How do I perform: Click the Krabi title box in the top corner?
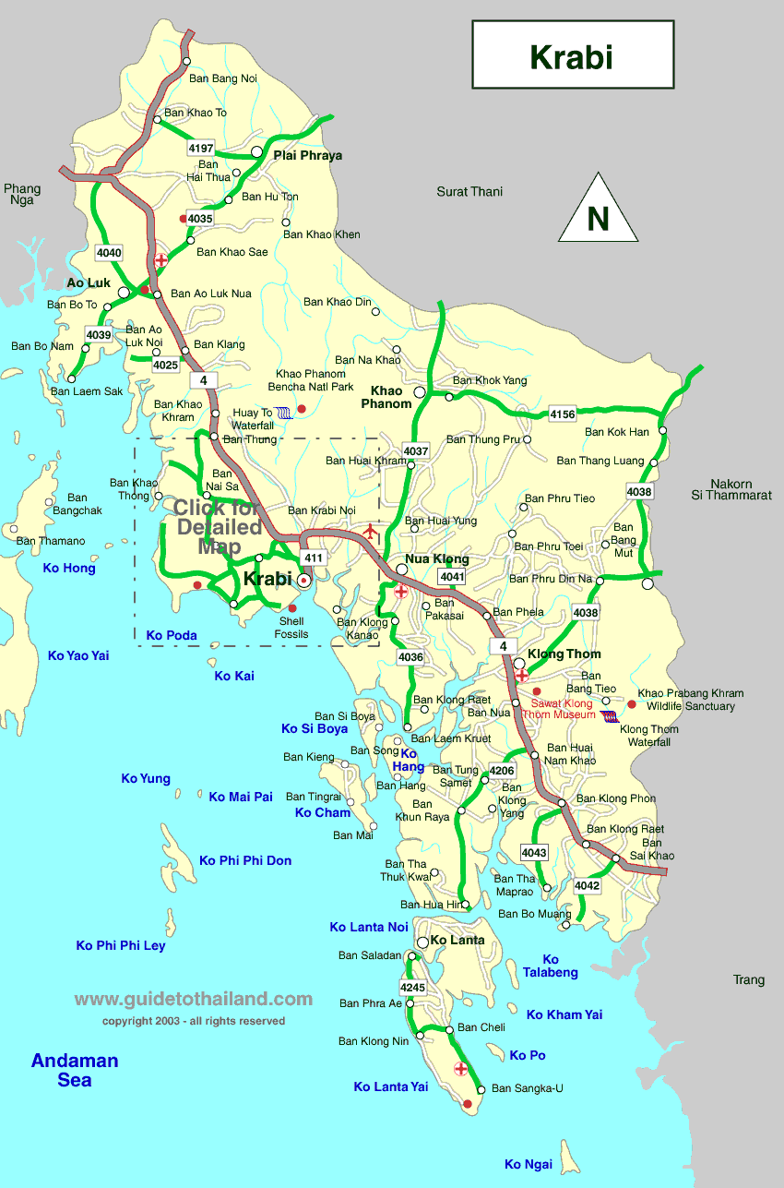[572, 55]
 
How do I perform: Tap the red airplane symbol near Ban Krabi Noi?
[371, 530]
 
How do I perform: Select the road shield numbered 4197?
[200, 148]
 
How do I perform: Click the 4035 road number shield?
[200, 219]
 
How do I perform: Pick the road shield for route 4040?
[109, 252]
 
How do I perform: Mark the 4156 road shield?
[563, 414]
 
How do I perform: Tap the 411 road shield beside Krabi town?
[315, 558]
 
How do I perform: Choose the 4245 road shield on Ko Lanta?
[413, 987]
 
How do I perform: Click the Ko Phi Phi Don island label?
[245, 860]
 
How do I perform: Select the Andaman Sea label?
[75, 1070]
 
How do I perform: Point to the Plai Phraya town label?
[308, 155]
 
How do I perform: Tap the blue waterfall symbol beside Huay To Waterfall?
[286, 413]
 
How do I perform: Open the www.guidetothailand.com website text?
[194, 999]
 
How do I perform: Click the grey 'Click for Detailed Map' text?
[218, 526]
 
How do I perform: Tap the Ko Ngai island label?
[529, 1164]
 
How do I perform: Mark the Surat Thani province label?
[469, 192]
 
